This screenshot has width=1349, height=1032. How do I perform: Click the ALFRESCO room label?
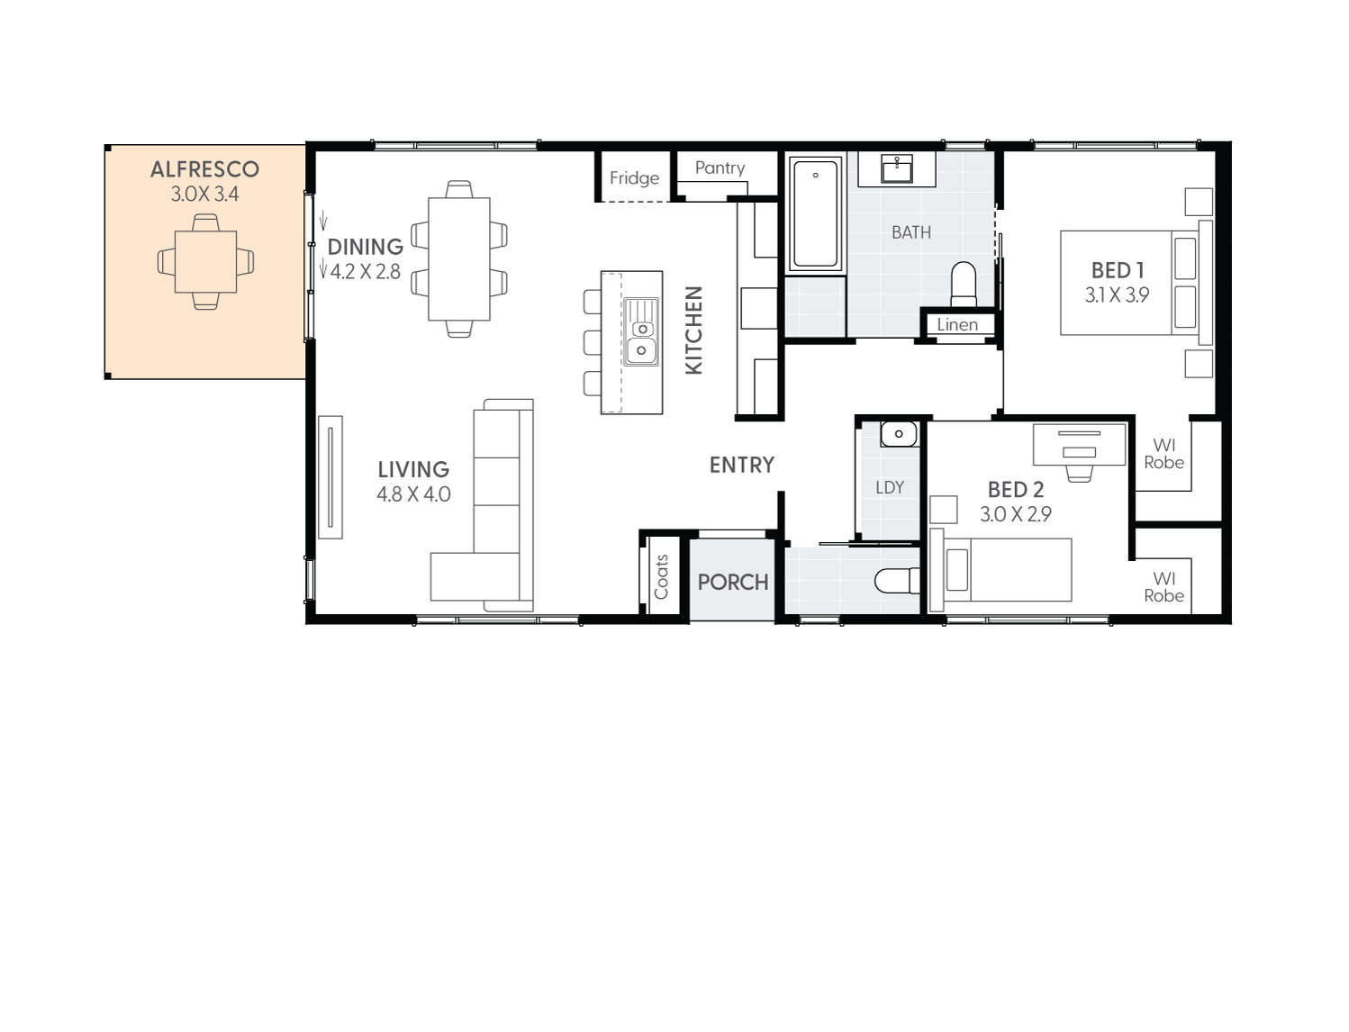tap(204, 169)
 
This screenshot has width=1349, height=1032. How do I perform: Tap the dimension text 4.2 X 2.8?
tap(365, 272)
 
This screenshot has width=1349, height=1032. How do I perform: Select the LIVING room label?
tap(413, 469)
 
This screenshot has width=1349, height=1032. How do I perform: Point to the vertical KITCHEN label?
tap(693, 330)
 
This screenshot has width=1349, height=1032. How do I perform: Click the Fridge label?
tap(634, 178)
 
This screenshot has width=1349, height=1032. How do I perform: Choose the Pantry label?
tap(720, 167)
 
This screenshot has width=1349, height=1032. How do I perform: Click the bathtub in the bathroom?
tap(816, 214)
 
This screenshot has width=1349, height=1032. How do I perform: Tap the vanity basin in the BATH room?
tap(897, 168)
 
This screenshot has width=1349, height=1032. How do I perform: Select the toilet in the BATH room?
tap(964, 283)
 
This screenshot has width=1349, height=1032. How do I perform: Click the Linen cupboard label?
tap(956, 325)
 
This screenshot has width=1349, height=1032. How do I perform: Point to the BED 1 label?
tap(1117, 270)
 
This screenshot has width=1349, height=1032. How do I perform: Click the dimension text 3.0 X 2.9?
tap(1015, 514)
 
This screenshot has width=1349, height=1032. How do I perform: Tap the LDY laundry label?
tap(889, 487)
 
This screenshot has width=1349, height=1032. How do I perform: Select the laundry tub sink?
tap(898, 435)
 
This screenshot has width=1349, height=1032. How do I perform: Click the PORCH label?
tap(732, 583)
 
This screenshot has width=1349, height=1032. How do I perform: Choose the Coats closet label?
tap(662, 577)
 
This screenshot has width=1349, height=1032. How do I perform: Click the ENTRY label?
tap(741, 465)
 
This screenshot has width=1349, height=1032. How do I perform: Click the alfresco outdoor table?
tap(205, 262)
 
